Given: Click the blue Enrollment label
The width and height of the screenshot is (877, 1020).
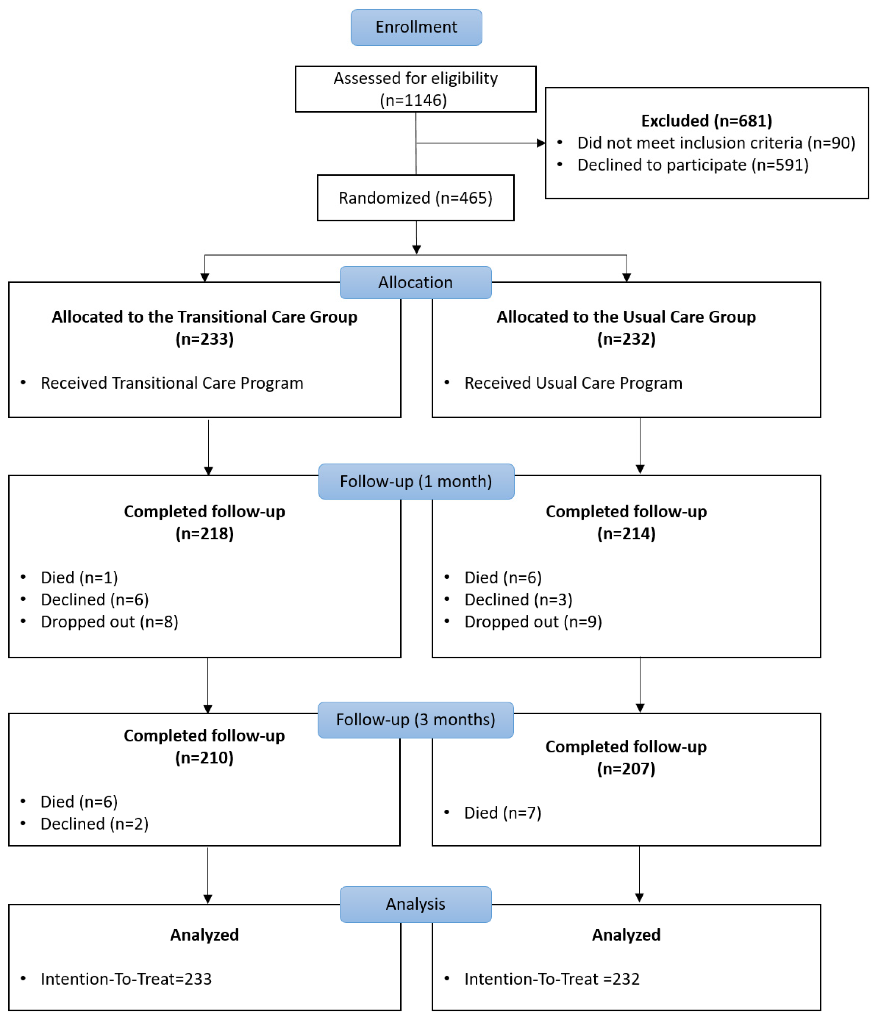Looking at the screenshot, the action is [x=416, y=27].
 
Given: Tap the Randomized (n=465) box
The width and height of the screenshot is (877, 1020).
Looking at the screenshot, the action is [x=416, y=198].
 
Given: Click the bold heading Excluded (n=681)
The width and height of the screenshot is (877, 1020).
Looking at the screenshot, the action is [x=707, y=120].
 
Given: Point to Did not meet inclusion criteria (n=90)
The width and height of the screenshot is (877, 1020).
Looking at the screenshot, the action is [x=716, y=143].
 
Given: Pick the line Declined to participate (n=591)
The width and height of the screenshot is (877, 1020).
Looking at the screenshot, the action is [x=693, y=165].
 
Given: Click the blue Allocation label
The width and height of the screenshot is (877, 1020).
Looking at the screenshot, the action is [x=416, y=283].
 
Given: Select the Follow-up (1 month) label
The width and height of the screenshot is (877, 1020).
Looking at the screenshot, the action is [x=416, y=482].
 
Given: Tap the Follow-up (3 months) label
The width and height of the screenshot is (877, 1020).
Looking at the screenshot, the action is [x=416, y=720].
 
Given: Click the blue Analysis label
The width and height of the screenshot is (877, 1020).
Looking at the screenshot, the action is [x=416, y=904].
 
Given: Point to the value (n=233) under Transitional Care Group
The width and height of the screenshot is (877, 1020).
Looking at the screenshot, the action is [x=205, y=339].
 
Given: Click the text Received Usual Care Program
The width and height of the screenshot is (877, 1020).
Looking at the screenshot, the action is [x=574, y=383].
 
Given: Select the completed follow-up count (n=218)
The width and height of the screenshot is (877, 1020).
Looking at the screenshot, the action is [x=205, y=534].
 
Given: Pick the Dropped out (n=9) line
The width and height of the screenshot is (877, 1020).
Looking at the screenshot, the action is [x=533, y=622].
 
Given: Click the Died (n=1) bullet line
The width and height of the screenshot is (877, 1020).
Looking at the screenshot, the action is [x=79, y=577].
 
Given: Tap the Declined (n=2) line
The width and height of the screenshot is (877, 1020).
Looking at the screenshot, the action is [x=95, y=824].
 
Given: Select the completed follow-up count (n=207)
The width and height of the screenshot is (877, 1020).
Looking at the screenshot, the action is [x=626, y=769].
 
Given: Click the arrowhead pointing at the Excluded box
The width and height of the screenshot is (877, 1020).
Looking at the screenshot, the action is [x=541, y=143].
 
